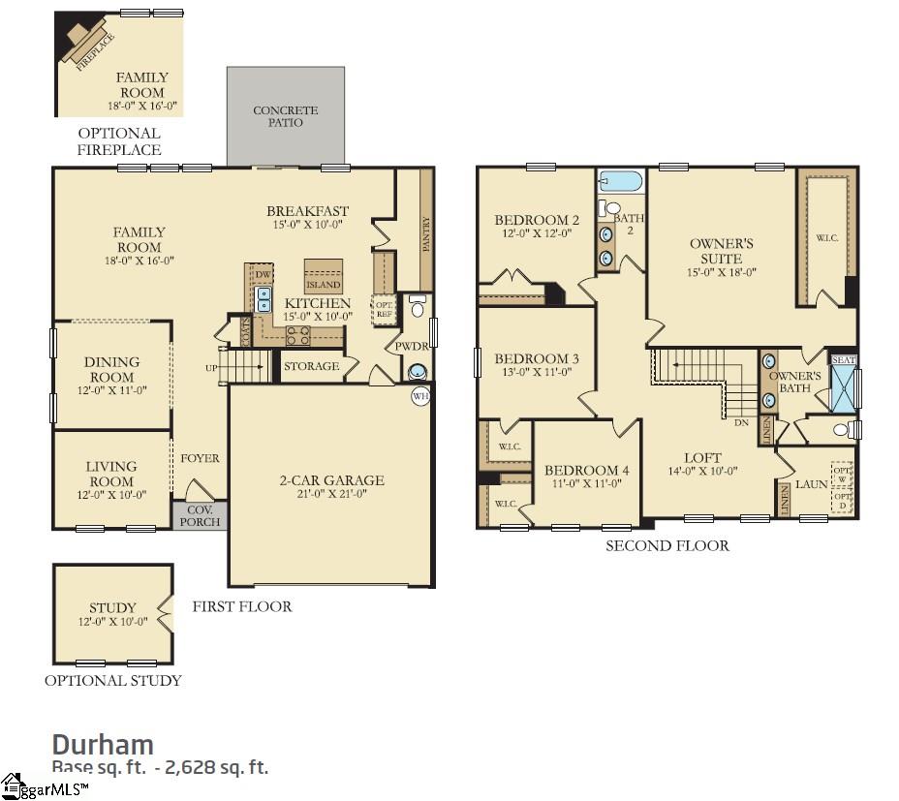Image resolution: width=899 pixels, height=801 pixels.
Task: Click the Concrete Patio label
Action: tap(286, 117)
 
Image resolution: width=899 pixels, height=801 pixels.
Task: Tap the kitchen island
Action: tap(324, 275)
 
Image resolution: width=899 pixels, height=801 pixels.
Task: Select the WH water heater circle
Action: tap(420, 395)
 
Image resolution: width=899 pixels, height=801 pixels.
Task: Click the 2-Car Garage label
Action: tap(332, 480)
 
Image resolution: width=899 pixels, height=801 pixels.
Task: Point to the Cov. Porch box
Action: tap(200, 515)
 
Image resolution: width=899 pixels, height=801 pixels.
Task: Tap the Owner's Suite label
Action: tap(722, 251)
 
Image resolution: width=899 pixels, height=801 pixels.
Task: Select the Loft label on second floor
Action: tap(702, 458)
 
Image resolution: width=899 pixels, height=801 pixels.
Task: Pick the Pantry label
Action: tap(425, 233)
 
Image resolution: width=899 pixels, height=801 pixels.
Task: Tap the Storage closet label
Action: tap(311, 366)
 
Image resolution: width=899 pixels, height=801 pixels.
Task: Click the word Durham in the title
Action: tap(102, 744)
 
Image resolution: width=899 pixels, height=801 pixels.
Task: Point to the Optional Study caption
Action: tap(112, 680)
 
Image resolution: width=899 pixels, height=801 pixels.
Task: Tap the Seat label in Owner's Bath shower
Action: tap(844, 360)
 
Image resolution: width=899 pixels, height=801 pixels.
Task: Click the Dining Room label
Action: tap(112, 369)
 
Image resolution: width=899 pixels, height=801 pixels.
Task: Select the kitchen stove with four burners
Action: tap(296, 336)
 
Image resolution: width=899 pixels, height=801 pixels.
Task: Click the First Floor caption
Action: tap(241, 606)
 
